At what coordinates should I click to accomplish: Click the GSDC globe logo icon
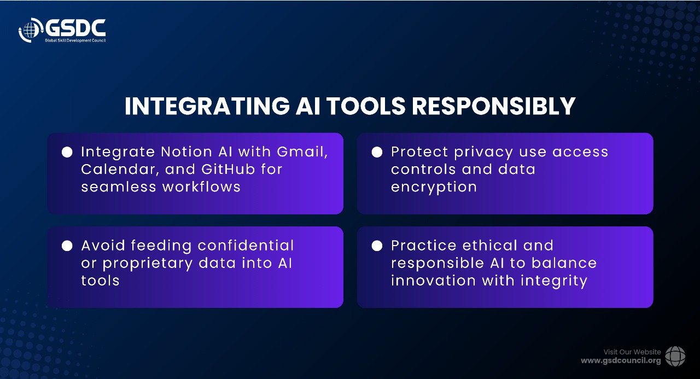(30, 30)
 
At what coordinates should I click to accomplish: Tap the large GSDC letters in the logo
(75, 28)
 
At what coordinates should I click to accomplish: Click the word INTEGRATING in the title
(207, 106)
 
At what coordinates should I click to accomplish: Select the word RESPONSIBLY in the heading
(493, 106)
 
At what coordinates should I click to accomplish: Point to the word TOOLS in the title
(366, 106)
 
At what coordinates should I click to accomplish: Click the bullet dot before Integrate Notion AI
(67, 152)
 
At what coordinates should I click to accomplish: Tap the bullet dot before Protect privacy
(377, 152)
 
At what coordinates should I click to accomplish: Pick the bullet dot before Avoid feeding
(67, 246)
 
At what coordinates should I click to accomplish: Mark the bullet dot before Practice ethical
(377, 246)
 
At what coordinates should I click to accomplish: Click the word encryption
(434, 188)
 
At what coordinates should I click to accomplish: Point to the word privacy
(483, 153)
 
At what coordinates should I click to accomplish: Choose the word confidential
(246, 246)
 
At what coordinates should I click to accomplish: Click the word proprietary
(148, 264)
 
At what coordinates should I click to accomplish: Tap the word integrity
(554, 281)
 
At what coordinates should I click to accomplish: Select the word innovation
(434, 281)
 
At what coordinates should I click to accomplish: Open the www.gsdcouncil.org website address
(621, 361)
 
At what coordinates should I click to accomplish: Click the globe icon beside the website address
(675, 356)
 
